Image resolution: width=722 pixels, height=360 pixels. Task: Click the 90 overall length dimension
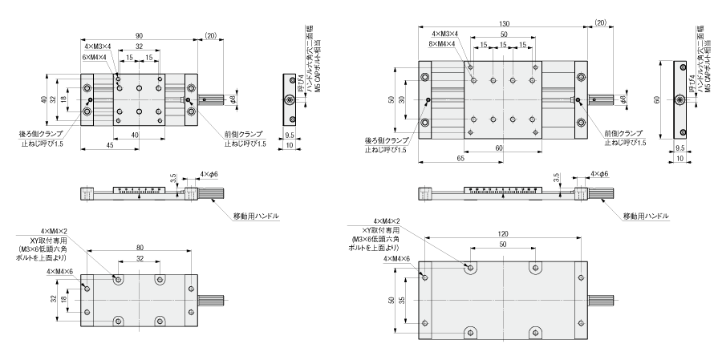coord(140,34)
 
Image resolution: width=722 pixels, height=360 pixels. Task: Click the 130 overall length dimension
coord(502,22)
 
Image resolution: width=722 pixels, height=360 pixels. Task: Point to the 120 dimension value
coord(502,234)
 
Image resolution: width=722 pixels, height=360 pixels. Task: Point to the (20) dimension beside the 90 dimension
coord(211,34)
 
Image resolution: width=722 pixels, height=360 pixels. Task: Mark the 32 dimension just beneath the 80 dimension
coord(140,260)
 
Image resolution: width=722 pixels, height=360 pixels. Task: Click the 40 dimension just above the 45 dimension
coord(140,133)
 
